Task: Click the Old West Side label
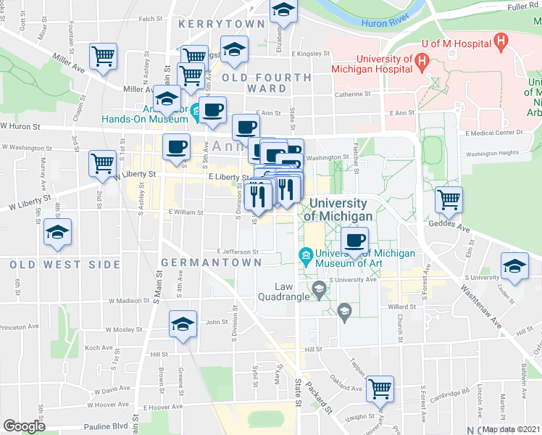click(65, 265)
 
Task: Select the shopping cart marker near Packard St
click(380, 389)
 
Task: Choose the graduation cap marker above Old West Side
click(57, 232)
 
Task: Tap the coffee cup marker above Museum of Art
click(354, 241)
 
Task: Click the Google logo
click(24, 426)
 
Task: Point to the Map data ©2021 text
click(509, 428)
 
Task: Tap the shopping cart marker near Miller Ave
click(104, 55)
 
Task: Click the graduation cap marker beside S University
click(514, 265)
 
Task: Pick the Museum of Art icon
click(305, 256)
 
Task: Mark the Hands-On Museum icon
click(196, 111)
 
